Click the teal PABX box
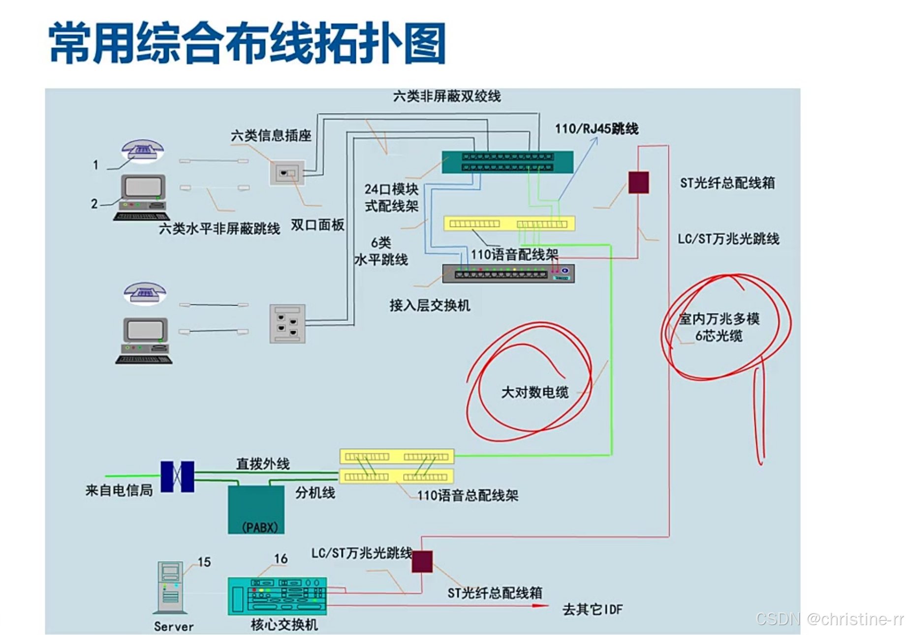point(256,509)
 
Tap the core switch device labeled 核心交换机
point(277,596)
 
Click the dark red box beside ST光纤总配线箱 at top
point(638,183)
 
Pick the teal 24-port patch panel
point(507,162)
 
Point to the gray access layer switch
point(508,274)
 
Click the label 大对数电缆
point(534,392)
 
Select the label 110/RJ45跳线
point(596,129)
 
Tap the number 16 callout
point(281,559)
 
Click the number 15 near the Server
point(204,562)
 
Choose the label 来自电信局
point(119,490)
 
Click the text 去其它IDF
point(592,610)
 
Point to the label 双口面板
point(317,225)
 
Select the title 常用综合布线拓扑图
point(248,43)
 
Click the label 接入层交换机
point(430,306)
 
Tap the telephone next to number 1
point(142,149)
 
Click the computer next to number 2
point(142,197)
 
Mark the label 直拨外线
point(263,464)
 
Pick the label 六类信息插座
point(271,135)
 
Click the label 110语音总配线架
point(468,495)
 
